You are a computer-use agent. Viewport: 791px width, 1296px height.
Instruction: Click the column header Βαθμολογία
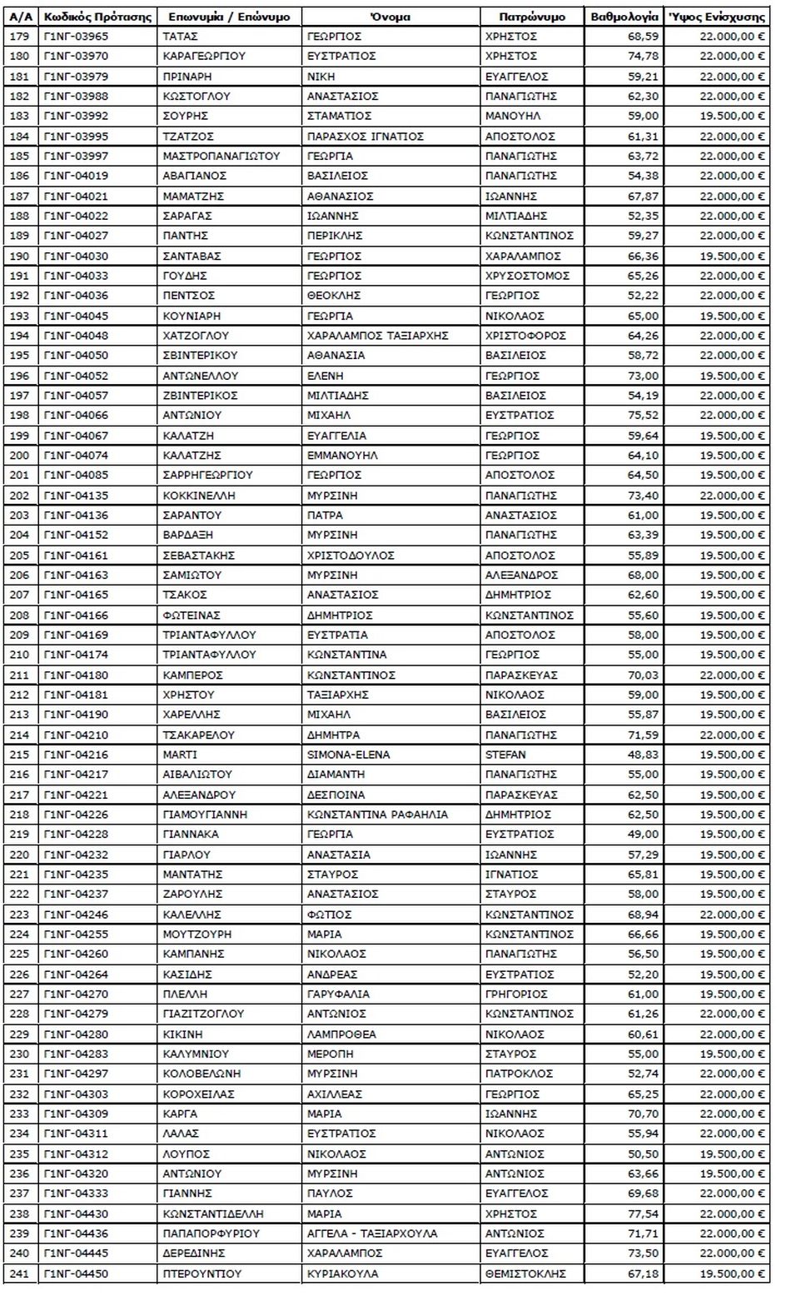coord(624,16)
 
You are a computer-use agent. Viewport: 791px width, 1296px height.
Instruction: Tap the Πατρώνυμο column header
coord(532,16)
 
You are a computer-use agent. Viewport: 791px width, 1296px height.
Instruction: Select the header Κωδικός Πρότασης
coord(97,16)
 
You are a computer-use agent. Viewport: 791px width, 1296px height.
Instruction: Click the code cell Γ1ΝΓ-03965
coord(76,36)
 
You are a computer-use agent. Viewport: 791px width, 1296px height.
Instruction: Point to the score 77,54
coord(642,1214)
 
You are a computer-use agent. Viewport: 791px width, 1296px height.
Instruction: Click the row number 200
coord(19,455)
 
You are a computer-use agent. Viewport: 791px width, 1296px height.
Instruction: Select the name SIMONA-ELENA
coord(348,755)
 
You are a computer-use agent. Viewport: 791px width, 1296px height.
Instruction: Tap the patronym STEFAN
coord(505,755)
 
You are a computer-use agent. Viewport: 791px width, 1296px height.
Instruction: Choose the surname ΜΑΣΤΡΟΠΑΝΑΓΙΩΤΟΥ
coord(221,156)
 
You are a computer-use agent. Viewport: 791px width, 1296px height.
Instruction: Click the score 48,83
coord(642,755)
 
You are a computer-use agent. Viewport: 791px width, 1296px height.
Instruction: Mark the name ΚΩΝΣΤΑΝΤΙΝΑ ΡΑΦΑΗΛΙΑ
coord(377,814)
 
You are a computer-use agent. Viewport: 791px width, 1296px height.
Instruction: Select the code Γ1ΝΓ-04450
coord(76,1274)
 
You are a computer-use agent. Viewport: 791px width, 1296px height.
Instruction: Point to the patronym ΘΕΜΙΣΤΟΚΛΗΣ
coord(525,1274)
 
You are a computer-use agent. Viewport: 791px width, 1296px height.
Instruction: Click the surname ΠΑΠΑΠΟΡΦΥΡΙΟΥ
coord(211,1234)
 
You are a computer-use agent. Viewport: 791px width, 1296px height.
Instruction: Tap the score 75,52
coord(642,415)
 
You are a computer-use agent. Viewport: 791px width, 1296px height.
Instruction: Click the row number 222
coord(19,894)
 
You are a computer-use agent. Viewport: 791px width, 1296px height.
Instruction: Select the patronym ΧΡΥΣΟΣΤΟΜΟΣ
coord(527,276)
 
